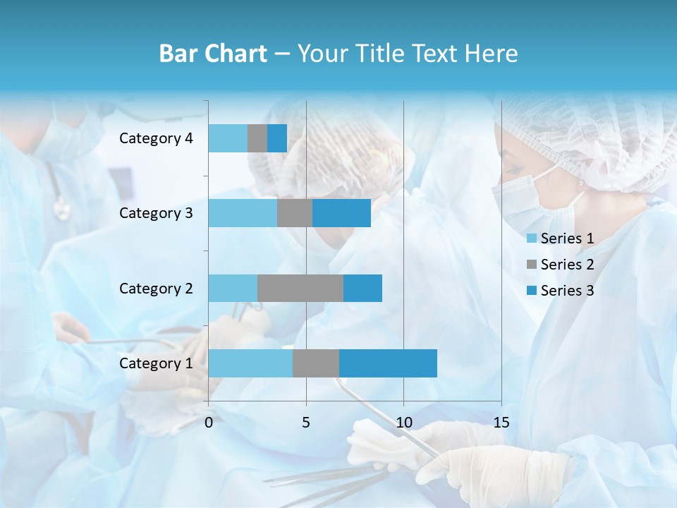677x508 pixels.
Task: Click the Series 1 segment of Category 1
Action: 250,363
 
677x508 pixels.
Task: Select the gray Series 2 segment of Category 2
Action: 300,288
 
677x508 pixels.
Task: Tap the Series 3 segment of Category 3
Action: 341,213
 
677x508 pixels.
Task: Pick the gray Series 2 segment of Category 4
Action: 257,138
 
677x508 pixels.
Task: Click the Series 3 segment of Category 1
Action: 388,363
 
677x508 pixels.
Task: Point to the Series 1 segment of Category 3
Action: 243,213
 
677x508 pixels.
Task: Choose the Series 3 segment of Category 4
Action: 277,138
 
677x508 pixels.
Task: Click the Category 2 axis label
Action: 156,288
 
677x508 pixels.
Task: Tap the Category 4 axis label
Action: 156,138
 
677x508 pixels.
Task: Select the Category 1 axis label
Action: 156,363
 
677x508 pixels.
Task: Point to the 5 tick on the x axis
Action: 306,423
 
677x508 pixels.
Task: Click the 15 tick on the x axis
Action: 501,423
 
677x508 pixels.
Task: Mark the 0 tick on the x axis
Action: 209,423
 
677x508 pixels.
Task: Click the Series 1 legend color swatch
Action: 532,238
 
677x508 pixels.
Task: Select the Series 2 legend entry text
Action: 567,265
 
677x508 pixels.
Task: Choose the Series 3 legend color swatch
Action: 532,291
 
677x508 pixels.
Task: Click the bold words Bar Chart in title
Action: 213,54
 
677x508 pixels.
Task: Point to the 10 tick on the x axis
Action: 403,423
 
